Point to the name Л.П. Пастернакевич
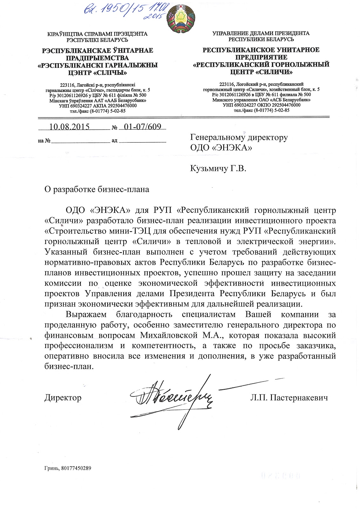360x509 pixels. tap(289, 398)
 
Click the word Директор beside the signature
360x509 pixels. tap(63, 398)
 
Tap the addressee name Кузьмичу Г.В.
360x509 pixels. tap(218, 169)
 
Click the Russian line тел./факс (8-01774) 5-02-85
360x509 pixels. tap(261, 110)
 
